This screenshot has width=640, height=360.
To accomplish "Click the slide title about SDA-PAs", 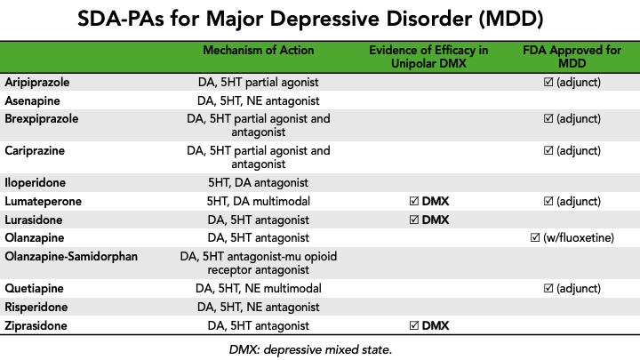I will (320, 19).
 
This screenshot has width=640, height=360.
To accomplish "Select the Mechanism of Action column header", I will (258, 50).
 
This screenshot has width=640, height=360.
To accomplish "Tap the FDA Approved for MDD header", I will (571, 57).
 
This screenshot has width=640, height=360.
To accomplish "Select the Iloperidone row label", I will (36, 182).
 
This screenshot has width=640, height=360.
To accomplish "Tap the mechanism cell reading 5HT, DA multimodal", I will (258, 201).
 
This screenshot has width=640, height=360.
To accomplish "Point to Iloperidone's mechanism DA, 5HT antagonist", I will (258, 182).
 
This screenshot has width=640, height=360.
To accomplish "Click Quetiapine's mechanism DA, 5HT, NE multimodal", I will (258, 288).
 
